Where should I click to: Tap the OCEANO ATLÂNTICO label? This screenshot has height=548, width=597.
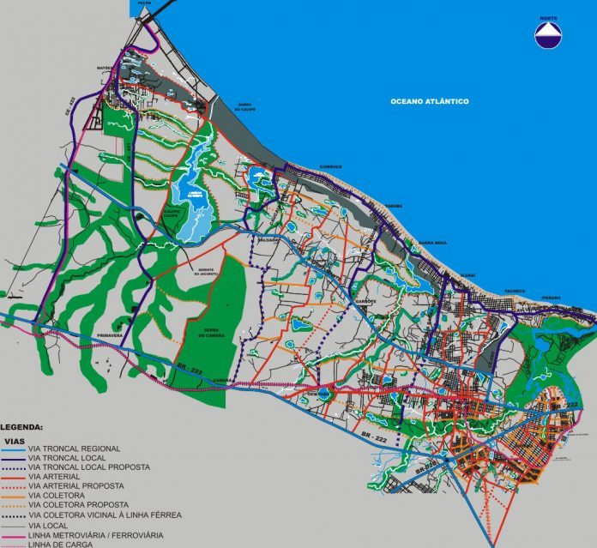[x=429, y=101]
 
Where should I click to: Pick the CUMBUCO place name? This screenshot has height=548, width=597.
[x=330, y=166]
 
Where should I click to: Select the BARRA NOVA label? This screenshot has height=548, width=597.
[x=431, y=243]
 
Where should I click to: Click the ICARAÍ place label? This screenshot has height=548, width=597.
[x=467, y=274]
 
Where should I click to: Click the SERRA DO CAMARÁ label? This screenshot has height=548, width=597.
[x=204, y=333]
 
